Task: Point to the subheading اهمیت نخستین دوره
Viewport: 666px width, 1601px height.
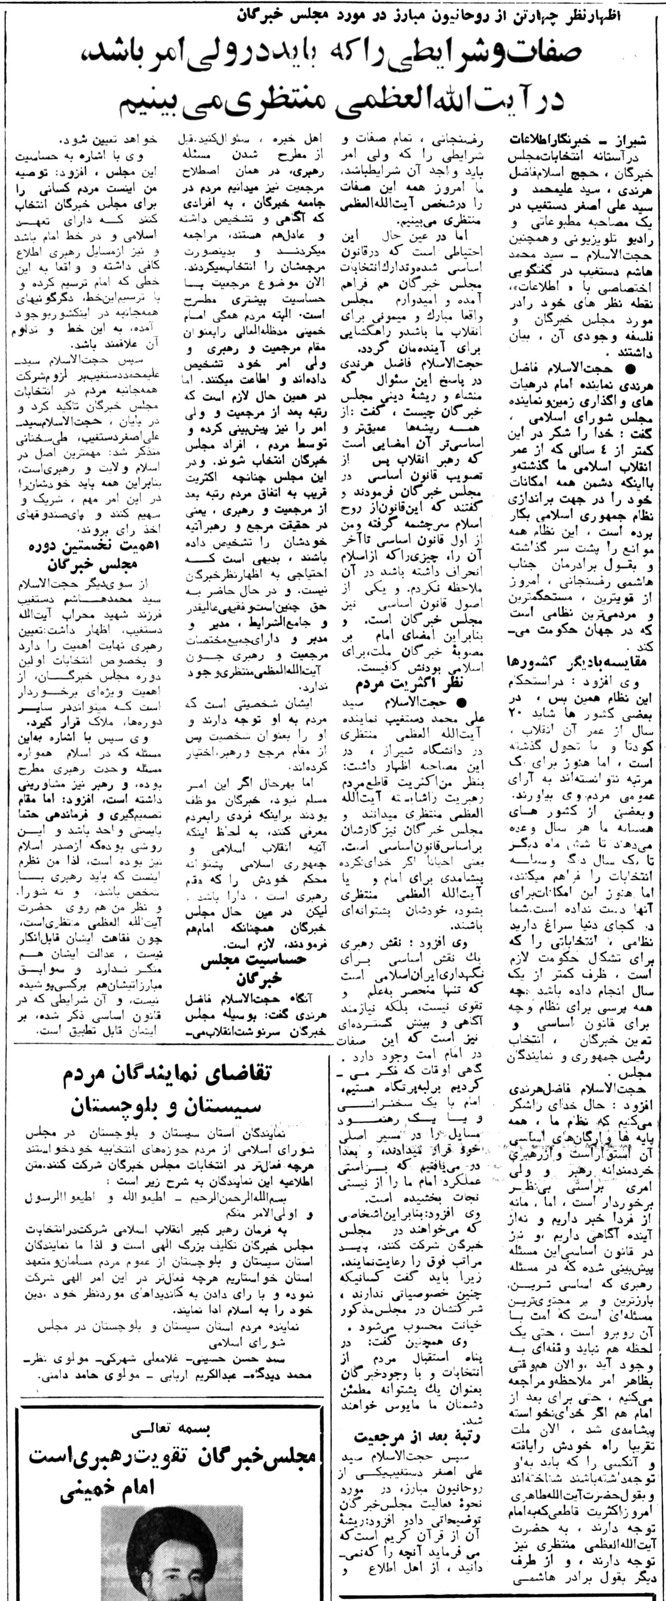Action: click(92, 547)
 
